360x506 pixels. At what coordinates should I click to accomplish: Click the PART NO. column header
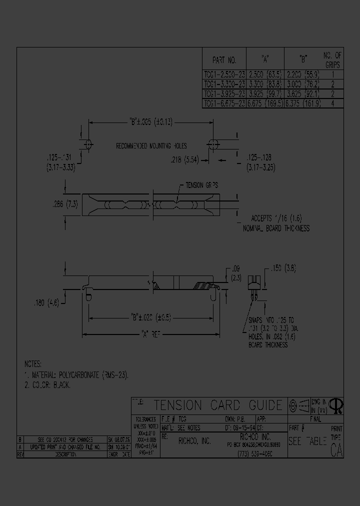(x=224, y=60)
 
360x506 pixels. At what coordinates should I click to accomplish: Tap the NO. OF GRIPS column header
(x=332, y=60)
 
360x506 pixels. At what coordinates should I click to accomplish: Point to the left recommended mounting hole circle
(x=89, y=144)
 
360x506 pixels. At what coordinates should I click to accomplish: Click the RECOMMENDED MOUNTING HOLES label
(x=151, y=146)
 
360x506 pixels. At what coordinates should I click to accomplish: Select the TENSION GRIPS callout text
(x=201, y=185)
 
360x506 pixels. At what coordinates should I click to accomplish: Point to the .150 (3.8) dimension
(x=283, y=268)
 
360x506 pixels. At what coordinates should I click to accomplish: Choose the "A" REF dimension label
(x=150, y=334)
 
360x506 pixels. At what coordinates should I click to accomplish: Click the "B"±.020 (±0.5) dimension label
(x=150, y=317)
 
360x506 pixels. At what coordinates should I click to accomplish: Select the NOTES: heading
(x=33, y=364)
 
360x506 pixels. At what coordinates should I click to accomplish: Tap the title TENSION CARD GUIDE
(x=217, y=405)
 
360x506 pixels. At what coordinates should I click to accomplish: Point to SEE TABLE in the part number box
(x=307, y=442)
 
